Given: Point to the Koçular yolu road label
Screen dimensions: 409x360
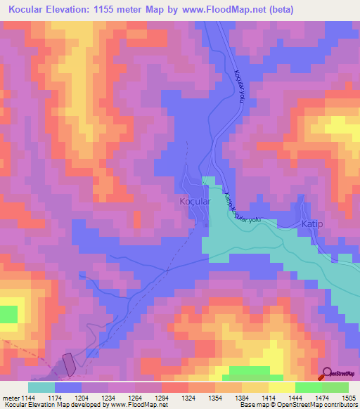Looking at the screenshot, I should (240, 87).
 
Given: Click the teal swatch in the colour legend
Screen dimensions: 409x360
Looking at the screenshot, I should (41, 387).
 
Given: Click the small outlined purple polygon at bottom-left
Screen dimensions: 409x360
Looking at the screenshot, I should (70, 364).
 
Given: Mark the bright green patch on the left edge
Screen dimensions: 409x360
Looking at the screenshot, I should (8, 313).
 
